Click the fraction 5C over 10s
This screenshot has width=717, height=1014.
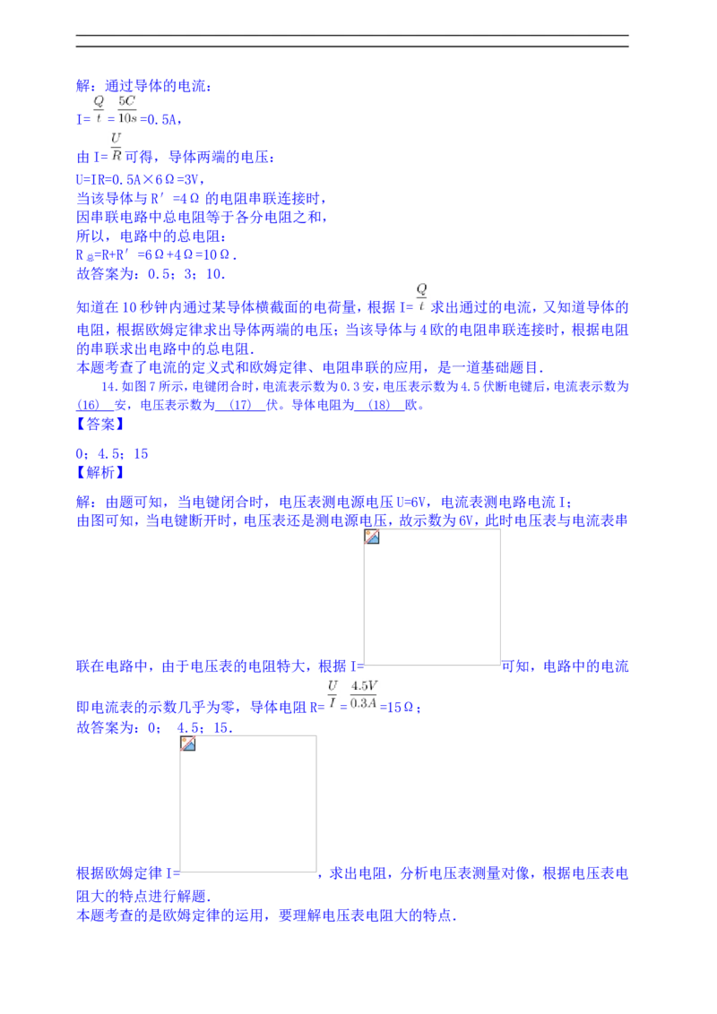127,109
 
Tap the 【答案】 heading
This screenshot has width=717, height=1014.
100,425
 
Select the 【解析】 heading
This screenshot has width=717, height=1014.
100,473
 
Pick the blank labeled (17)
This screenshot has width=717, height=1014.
240,406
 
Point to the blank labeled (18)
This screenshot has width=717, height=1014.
379,406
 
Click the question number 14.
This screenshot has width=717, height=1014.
109,386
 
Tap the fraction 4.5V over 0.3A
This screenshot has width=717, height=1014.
364,694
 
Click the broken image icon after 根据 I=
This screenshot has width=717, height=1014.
371,537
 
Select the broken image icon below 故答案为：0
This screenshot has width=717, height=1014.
187,743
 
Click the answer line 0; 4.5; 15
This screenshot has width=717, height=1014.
112,454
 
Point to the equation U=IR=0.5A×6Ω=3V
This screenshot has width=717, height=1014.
141,179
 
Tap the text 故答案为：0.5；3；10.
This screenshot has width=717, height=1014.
151,274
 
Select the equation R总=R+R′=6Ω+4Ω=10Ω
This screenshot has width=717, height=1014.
157,255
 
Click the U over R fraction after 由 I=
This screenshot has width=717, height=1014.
116,146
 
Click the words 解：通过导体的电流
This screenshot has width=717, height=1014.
143,85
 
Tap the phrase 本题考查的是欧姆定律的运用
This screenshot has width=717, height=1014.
170,915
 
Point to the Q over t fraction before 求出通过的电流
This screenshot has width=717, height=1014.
421,296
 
